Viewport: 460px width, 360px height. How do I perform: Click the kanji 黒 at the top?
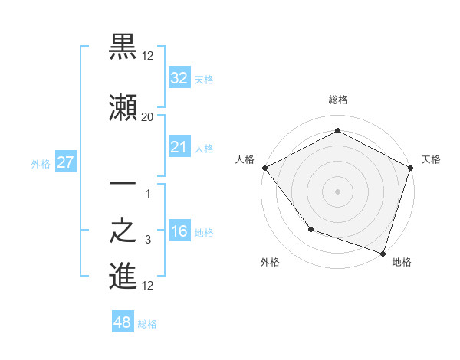click(123, 47)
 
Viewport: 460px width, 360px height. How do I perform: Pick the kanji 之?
click(123, 232)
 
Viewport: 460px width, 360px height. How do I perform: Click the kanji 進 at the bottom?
click(123, 277)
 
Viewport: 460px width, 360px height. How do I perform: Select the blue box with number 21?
click(179, 147)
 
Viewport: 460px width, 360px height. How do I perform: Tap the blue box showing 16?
click(179, 232)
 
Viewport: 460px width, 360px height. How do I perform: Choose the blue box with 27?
click(65, 162)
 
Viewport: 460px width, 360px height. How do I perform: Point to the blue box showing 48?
click(123, 322)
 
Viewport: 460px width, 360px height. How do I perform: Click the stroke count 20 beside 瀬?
click(147, 117)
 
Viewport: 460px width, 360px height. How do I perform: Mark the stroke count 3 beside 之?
click(147, 241)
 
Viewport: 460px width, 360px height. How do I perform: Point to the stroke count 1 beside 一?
click(149, 194)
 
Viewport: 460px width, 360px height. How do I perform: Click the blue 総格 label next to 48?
click(147, 324)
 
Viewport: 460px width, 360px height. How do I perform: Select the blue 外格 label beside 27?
click(41, 163)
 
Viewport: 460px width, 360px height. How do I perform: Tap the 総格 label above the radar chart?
click(337, 100)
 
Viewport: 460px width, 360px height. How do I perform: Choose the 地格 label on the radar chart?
click(402, 262)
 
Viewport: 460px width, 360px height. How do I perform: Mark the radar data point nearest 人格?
click(264, 167)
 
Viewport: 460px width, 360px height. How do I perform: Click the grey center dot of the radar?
click(337, 191)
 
